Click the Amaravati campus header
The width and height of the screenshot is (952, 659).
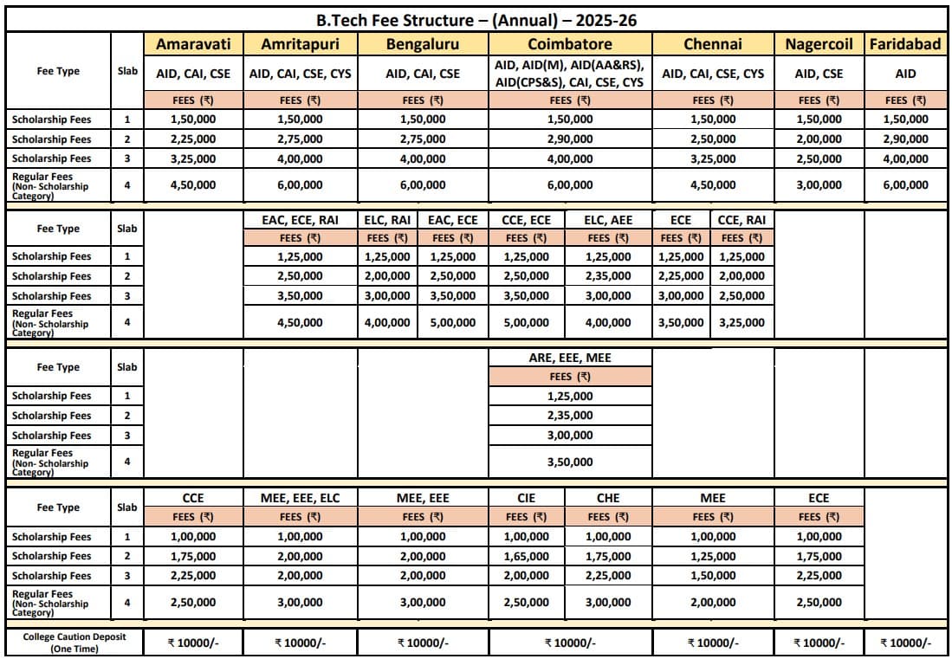[x=193, y=44]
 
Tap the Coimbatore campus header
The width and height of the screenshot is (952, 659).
[x=569, y=44]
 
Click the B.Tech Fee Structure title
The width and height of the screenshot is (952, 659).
[x=476, y=20]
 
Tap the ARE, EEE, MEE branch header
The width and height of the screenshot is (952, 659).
[x=569, y=357]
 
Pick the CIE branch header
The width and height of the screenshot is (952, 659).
[x=526, y=498]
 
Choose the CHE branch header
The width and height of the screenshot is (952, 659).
[x=609, y=498]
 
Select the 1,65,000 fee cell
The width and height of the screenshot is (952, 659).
[x=526, y=556]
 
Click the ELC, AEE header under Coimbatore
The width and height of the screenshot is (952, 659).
[x=609, y=220]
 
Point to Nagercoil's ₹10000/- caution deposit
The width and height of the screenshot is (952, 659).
[x=818, y=643]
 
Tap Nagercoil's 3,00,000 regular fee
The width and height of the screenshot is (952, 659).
[x=819, y=184]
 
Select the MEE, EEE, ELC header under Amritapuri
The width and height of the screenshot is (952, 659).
[x=301, y=498]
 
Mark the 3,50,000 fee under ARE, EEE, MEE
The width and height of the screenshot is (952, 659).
[x=569, y=462]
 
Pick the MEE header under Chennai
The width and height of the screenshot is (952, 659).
[x=713, y=498]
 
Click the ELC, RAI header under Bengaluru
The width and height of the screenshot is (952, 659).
[x=387, y=220]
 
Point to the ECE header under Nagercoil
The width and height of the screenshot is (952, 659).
[x=819, y=498]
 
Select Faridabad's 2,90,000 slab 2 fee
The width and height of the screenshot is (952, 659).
[x=905, y=139]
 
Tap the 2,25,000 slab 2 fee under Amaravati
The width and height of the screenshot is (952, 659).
[x=193, y=139]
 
